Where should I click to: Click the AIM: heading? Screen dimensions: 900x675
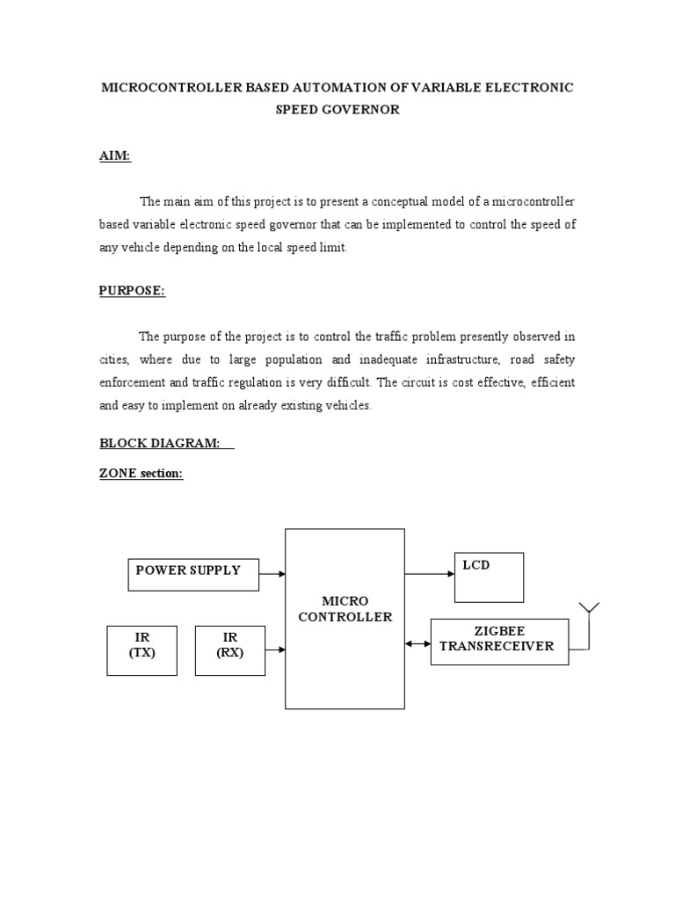[114, 156]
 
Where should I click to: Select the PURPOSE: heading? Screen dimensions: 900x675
[132, 291]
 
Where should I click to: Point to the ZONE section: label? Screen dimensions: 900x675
[141, 474]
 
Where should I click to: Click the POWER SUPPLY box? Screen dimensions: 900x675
[195, 574]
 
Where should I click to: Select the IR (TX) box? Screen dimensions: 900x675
[142, 650]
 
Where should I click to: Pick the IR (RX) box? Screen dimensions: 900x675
[229, 650]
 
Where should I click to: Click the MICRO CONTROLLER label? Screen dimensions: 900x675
[345, 609]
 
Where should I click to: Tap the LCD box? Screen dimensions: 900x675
[489, 577]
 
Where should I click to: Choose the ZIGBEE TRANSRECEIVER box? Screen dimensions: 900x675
[498, 642]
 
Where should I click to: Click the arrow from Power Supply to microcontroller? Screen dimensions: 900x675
[273, 574]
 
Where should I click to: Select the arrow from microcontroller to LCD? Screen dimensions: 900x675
[429, 574]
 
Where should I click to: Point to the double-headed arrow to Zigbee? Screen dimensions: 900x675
[417, 643]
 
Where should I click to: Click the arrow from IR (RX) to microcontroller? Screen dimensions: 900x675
[275, 650]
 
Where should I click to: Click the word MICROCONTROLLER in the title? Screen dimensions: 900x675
[170, 88]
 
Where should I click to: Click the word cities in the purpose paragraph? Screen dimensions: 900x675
[112, 359]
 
